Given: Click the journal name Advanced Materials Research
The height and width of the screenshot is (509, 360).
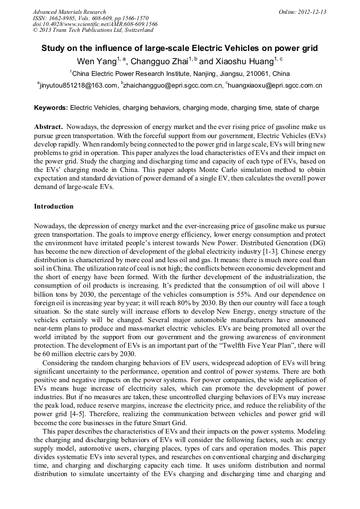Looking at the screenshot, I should [x=69, y=12].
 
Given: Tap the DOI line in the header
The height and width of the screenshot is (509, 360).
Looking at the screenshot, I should [x=95, y=24].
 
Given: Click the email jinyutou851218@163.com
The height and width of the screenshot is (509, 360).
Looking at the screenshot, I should [x=78, y=85].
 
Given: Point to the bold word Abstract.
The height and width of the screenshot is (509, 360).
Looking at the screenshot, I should [x=49, y=127].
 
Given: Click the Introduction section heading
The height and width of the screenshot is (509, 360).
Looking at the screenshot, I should [x=54, y=206].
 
